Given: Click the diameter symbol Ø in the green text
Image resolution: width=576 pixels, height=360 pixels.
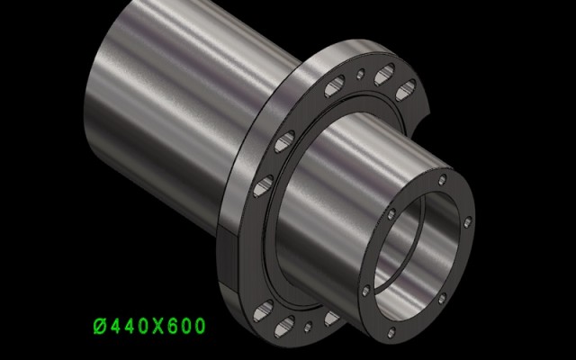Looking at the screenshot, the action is click(100, 326).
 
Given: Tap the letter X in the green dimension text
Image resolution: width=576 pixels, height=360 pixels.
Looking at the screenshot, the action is click(158, 326).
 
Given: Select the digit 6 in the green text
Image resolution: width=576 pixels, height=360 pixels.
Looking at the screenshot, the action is click(173, 326).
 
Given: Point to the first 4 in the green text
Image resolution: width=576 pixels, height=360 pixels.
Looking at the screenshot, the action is click(115, 326).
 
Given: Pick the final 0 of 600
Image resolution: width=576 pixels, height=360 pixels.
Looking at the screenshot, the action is click(200, 326).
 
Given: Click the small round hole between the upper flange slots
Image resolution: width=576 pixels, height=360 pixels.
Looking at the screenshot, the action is click(361, 74).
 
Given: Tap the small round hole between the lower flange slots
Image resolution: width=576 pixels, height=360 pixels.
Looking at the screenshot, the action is click(308, 327).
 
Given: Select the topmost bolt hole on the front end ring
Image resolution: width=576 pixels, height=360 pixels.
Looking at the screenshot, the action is click(443, 180).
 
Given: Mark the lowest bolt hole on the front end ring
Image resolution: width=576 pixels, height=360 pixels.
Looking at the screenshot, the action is click(391, 333).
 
